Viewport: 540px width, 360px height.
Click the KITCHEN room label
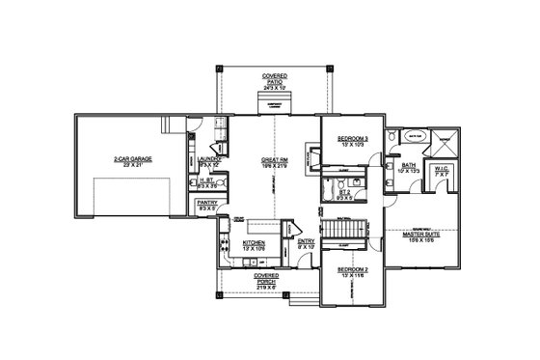tap(254, 242)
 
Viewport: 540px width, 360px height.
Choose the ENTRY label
tap(305, 242)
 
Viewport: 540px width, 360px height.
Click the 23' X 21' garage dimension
tap(133, 167)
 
